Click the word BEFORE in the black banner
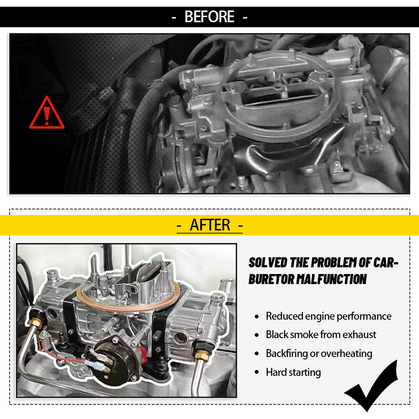point(209,17)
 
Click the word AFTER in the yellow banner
point(210,225)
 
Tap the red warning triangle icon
point(47,112)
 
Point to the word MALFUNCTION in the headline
point(331,279)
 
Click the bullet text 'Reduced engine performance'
point(328,316)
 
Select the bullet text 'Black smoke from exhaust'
point(321,334)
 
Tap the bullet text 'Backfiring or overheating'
point(319,353)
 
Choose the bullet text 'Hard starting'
point(293,372)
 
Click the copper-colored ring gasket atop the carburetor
point(128,296)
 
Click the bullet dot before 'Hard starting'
point(257,372)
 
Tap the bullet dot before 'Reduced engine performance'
point(257,317)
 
